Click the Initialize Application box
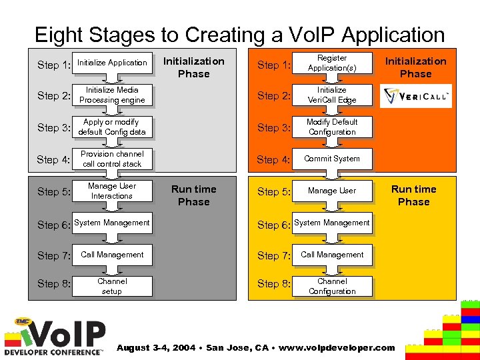[x=112, y=63]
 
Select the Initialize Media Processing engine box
[x=112, y=95]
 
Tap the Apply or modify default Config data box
[x=112, y=127]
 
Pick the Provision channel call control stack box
[x=112, y=159]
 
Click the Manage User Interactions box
[x=112, y=191]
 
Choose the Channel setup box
[x=112, y=286]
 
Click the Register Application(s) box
[x=332, y=63]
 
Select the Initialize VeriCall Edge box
[x=332, y=95]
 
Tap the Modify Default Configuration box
[x=332, y=127]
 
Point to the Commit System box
[x=332, y=159]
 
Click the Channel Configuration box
[x=332, y=286]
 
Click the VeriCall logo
[x=415, y=96]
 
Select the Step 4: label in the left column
[x=53, y=159]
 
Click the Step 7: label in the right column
[x=273, y=255]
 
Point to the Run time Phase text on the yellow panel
[x=413, y=195]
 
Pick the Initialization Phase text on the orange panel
[x=415, y=67]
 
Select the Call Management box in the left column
[x=112, y=255]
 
